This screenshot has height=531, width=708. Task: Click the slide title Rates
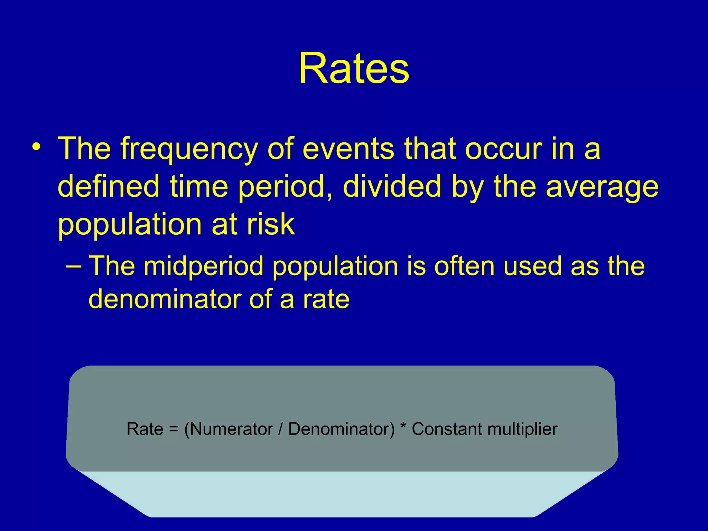coord(354,68)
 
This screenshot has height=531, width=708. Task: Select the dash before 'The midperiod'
coord(74,267)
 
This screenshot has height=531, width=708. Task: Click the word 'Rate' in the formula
coord(145,429)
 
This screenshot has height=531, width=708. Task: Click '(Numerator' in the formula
coord(229,429)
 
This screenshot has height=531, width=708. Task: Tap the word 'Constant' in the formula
coord(447,429)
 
